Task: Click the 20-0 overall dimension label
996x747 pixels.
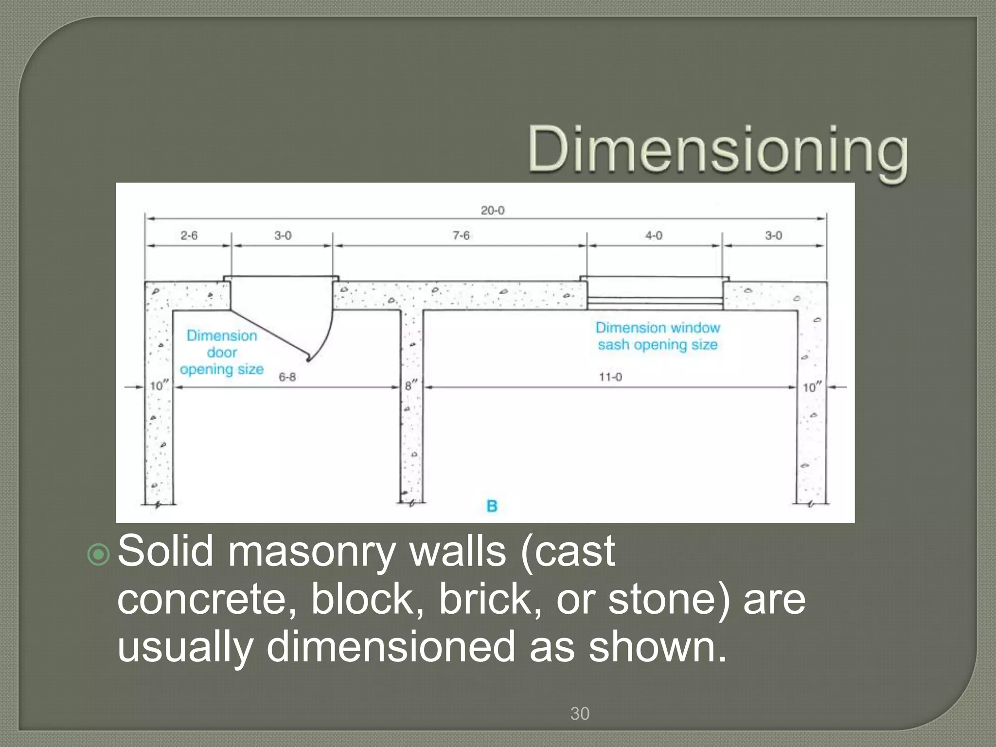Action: [x=492, y=211]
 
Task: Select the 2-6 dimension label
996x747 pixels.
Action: [x=189, y=236]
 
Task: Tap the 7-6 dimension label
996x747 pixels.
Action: [x=461, y=236]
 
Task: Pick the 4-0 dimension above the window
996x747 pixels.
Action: [x=654, y=236]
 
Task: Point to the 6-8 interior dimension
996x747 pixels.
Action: [x=287, y=377]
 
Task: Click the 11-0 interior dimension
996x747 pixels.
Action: [x=610, y=377]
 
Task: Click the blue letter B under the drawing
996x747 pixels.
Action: [x=492, y=506]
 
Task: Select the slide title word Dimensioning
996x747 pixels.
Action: [x=718, y=150]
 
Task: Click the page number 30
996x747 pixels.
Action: [x=580, y=714]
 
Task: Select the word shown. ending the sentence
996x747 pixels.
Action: [x=657, y=647]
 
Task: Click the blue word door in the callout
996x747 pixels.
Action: [x=222, y=353]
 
